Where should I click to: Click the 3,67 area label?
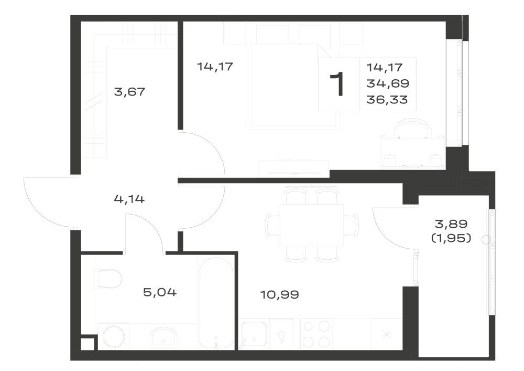point(129,92)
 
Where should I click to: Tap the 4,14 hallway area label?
point(129,199)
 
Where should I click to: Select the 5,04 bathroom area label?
point(160,292)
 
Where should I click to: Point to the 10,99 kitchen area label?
point(279,295)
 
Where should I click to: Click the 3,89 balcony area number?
point(451,224)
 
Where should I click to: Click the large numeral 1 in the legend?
point(337,84)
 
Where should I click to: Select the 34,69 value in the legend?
point(388,83)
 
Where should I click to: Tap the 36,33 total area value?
point(387,100)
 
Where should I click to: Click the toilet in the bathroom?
point(110,279)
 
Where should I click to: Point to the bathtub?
point(216,303)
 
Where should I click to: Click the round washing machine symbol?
point(114,336)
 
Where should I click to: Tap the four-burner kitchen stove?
point(316,334)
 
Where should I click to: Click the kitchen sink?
point(254,334)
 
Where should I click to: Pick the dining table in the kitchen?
point(311,226)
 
